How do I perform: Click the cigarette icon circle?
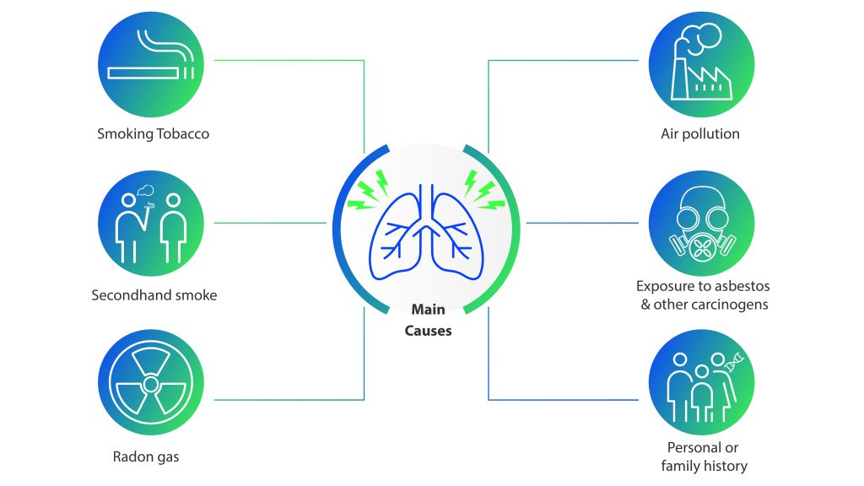pyautogui.click(x=152, y=61)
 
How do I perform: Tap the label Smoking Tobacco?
pyautogui.click(x=153, y=133)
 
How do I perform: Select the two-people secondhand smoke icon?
pyautogui.click(x=152, y=223)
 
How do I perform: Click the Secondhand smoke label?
pyautogui.click(x=154, y=295)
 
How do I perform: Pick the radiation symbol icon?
pyautogui.click(x=152, y=384)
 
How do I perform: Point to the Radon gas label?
pyautogui.click(x=146, y=457)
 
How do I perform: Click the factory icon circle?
pyautogui.click(x=700, y=61)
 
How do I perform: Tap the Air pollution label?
pyautogui.click(x=700, y=133)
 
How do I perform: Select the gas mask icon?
pyautogui.click(x=700, y=224)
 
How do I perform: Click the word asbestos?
pyautogui.click(x=741, y=287)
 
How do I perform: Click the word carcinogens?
pyautogui.click(x=732, y=304)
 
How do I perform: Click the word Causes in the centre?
pyautogui.click(x=428, y=330)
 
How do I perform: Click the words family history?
pyautogui.click(x=704, y=466)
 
